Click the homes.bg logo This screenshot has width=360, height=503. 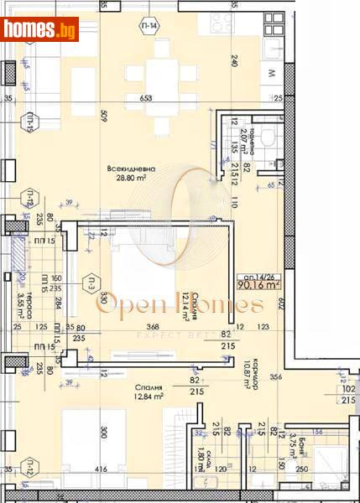click(41, 29)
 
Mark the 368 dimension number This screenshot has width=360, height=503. click(153, 328)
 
